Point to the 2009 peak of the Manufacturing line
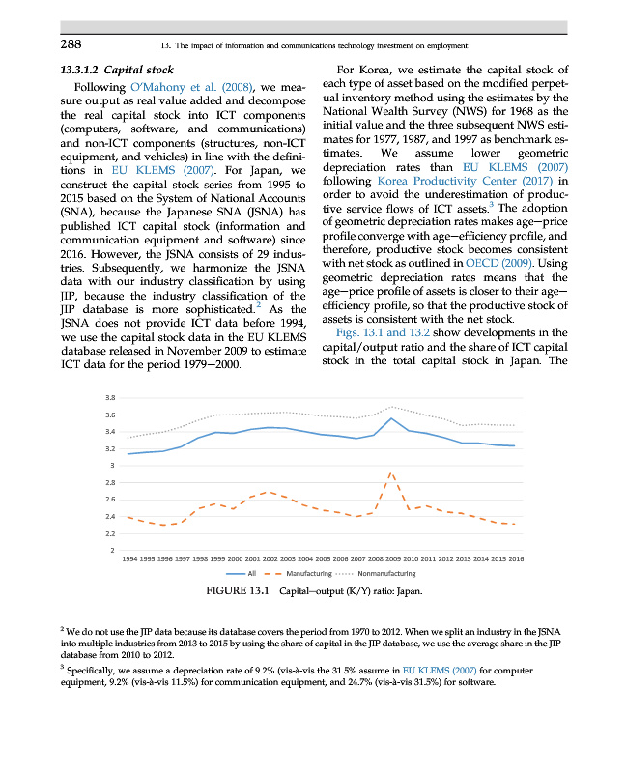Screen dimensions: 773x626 point(390,473)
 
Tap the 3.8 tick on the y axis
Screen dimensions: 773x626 point(110,397)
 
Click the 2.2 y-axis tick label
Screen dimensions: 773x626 point(110,534)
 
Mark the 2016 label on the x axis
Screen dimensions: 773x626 point(516,558)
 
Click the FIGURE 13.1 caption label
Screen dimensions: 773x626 point(239,590)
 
